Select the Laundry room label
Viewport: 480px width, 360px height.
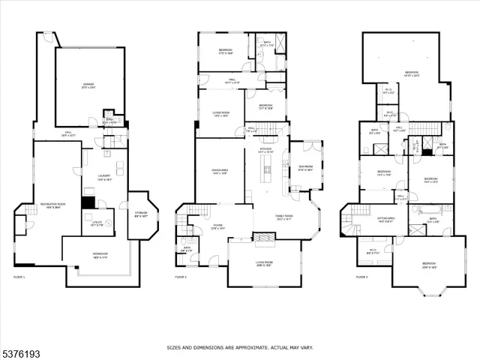tap(104, 177)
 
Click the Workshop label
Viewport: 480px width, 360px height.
tap(100, 254)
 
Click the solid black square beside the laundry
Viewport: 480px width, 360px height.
tap(88, 202)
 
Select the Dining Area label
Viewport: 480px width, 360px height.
tap(219, 172)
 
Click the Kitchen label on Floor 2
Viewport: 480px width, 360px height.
tap(265, 150)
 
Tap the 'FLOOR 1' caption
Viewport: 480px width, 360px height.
tap(19, 277)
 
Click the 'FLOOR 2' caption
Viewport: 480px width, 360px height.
tap(181, 277)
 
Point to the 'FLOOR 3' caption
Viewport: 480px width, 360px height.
tap(362, 277)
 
